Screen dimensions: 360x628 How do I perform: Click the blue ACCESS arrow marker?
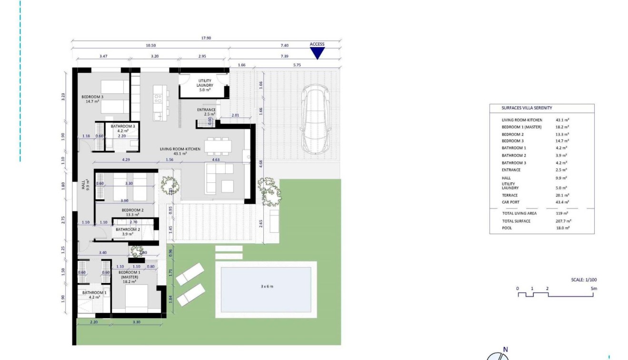click(317, 52)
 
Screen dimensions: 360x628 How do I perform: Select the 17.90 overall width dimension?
click(206, 39)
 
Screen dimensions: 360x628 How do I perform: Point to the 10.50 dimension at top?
click(150, 45)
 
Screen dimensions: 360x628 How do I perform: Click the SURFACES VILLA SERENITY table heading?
click(527, 108)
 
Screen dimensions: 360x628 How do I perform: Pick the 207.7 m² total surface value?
click(563, 221)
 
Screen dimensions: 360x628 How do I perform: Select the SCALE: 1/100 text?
click(583, 280)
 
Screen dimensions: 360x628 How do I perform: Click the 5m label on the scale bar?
click(593, 289)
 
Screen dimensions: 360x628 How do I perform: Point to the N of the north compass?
click(505, 350)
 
